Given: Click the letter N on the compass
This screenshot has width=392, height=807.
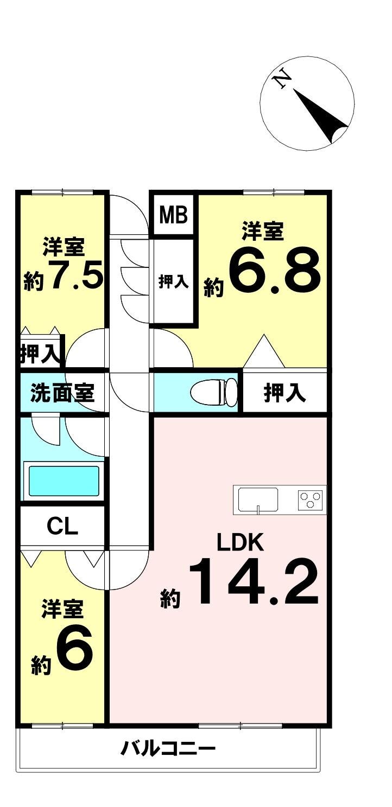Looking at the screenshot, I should [282, 80].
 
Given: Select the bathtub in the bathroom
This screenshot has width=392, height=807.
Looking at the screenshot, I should [64, 481].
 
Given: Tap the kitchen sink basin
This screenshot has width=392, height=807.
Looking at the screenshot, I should [258, 498].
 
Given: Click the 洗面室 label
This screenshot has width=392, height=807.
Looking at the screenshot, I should [62, 392].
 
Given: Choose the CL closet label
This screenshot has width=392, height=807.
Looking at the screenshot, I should [62, 526].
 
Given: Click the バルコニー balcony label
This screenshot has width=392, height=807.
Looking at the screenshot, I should [168, 750].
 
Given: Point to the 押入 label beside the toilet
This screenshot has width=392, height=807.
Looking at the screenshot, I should [284, 392].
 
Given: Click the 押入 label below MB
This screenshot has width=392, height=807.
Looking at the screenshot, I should [173, 281].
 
